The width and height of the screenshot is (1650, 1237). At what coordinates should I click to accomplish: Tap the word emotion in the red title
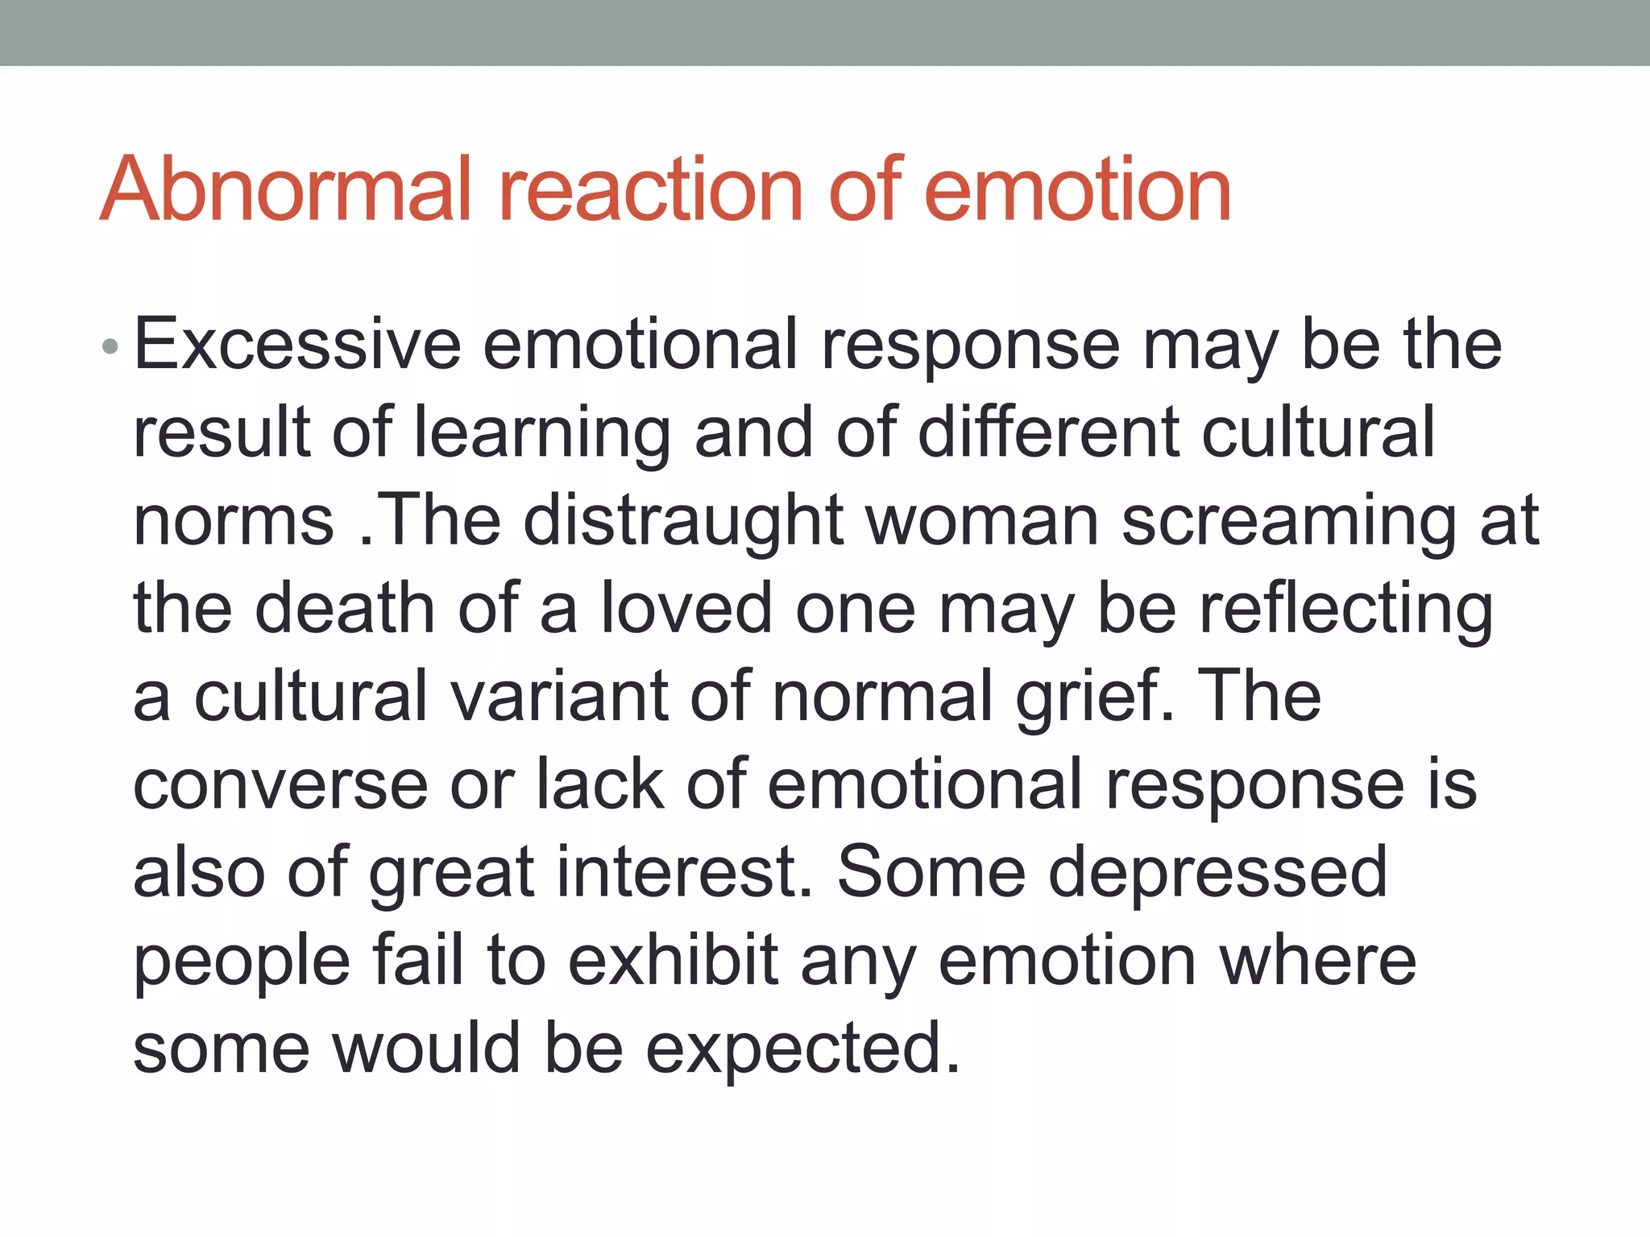click(x=1078, y=189)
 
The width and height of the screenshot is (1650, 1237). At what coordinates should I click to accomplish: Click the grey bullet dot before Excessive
click(x=111, y=348)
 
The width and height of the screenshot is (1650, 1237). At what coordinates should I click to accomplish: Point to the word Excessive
click(x=296, y=345)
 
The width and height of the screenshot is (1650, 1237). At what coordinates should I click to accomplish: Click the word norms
click(x=234, y=521)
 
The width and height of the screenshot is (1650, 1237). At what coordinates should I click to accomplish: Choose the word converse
click(x=280, y=785)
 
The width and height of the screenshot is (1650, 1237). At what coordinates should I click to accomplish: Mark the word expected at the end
click(x=802, y=1049)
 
